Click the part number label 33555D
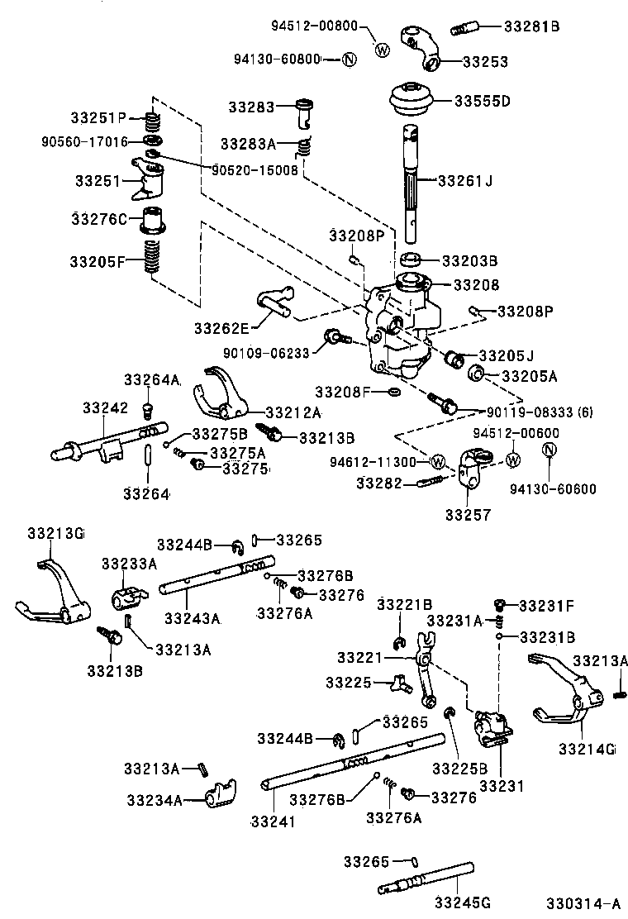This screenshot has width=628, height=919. point(483,102)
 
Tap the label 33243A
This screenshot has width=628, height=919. point(192,617)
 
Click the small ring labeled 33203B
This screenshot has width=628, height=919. point(412,260)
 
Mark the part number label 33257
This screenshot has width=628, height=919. point(468,515)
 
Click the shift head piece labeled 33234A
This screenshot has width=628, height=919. point(219,794)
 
